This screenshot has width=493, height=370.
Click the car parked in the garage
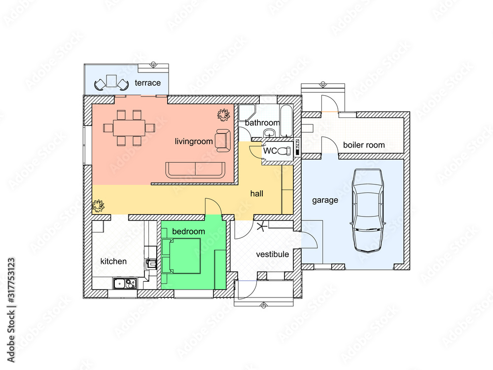pyautogui.click(x=368, y=211)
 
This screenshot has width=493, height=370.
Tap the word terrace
pyautogui.click(x=148, y=83)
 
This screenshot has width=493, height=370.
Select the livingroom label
pyautogui.click(x=194, y=142)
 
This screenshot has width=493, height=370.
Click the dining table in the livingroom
pyautogui.click(x=129, y=128)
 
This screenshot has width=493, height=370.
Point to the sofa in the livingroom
pyautogui.click(x=196, y=170)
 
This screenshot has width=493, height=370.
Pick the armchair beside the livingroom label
pyautogui.click(x=223, y=141)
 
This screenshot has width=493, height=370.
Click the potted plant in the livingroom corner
pyautogui.click(x=223, y=115)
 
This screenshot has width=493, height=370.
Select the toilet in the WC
pyautogui.click(x=285, y=150)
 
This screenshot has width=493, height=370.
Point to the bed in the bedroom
pyautogui.click(x=181, y=256)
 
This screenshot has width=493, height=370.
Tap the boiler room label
pyautogui.click(x=364, y=145)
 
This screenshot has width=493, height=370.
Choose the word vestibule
pyautogui.click(x=273, y=254)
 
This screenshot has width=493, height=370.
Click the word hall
pyautogui.click(x=256, y=193)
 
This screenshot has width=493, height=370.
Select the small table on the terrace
pyautogui.click(x=111, y=81)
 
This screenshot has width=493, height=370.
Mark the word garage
pyautogui.click(x=325, y=200)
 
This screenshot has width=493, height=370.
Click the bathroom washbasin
pyautogui.click(x=269, y=132)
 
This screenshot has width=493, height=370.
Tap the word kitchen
pyautogui.click(x=113, y=261)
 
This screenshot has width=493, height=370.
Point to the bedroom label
pyautogui.click(x=189, y=231)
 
